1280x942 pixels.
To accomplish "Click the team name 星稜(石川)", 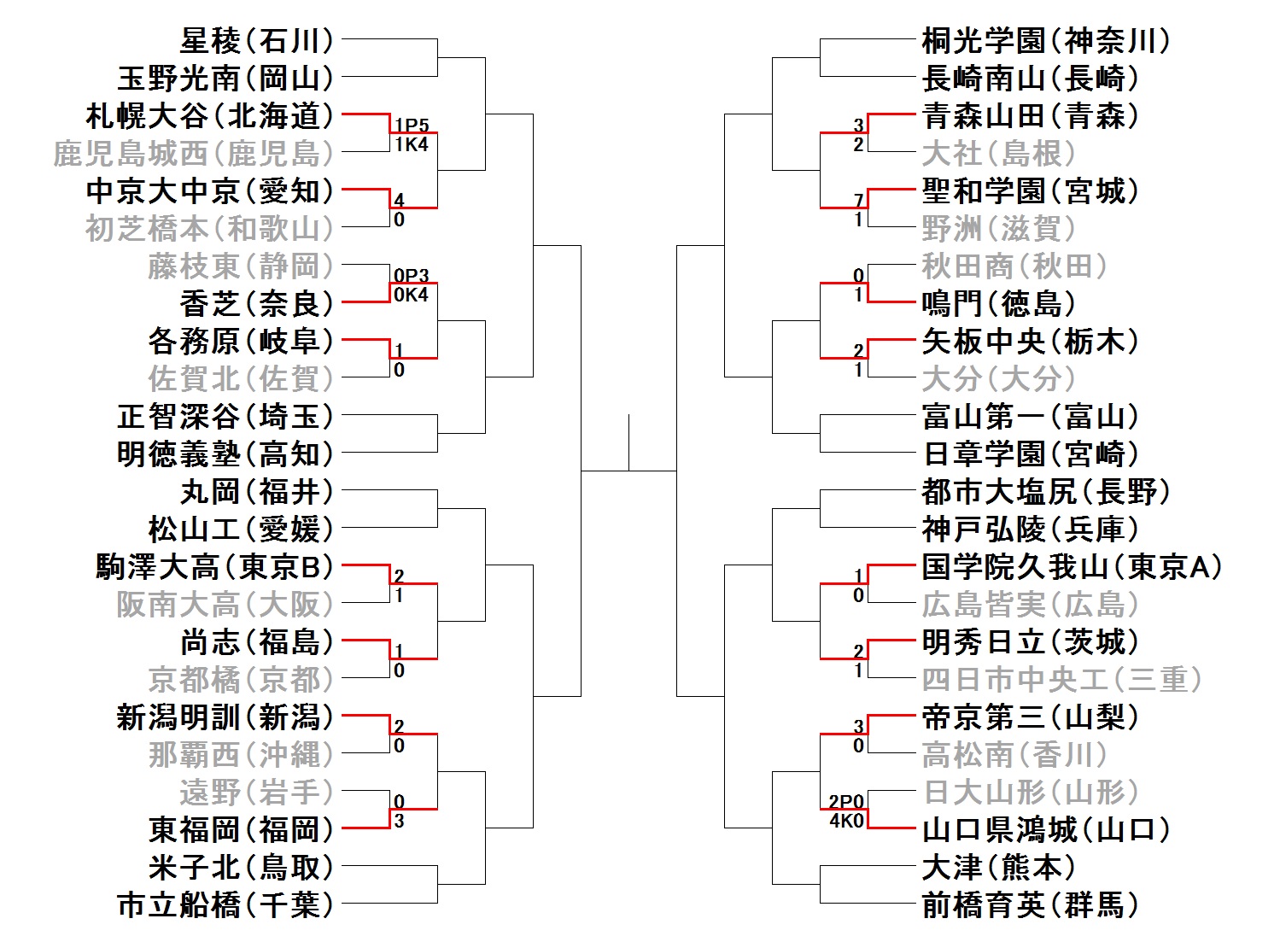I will [256, 40].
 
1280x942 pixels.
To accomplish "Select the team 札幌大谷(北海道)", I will [209, 115].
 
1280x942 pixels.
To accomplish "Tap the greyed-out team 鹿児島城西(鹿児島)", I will [193, 154].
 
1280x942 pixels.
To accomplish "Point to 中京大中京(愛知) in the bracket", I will [209, 190].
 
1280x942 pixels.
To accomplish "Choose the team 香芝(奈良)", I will [256, 303].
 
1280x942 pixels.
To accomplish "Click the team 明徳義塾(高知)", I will [225, 453].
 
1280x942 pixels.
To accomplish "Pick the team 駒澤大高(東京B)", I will [214, 566].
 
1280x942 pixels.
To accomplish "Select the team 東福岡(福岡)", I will [241, 829].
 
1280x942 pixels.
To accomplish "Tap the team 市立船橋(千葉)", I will [225, 904].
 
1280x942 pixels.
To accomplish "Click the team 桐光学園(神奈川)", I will [1046, 40].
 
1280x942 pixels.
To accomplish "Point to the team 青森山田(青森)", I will [1030, 115].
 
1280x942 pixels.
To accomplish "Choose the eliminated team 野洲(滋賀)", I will [998, 228].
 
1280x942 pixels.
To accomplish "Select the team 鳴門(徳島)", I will [998, 303].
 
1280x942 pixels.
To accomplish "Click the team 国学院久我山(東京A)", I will [1072, 566].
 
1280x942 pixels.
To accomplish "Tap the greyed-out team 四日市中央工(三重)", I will [1061, 679].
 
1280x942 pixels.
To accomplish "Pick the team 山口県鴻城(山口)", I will [1046, 829].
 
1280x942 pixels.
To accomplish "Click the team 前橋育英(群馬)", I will [1030, 904].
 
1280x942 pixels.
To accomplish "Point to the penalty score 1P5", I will [412, 126].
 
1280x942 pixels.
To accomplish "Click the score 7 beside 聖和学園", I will [859, 201].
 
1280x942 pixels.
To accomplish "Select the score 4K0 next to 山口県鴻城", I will [846, 821].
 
